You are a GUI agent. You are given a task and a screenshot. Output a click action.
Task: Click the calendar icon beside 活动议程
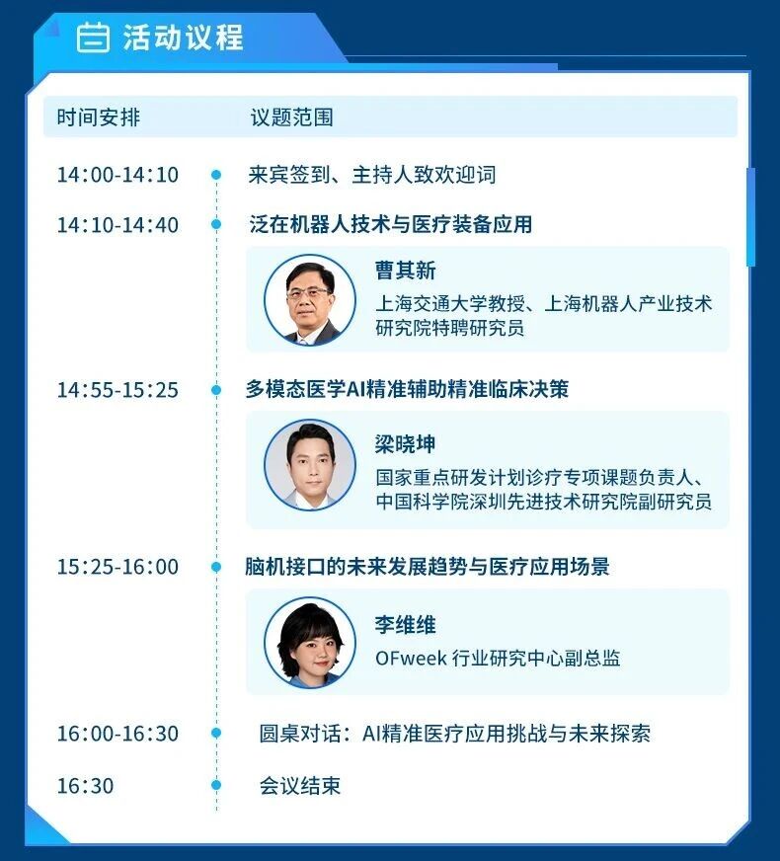93,38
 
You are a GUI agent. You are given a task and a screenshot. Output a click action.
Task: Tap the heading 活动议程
183,38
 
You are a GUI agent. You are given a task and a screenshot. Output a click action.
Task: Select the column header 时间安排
99,117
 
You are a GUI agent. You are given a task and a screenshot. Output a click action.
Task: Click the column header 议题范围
291,117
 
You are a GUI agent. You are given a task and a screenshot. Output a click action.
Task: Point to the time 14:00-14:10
117,175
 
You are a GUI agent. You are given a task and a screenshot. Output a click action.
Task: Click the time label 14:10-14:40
117,224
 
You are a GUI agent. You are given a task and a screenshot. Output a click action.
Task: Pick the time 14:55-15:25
117,390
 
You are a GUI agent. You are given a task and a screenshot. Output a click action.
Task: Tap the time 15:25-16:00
117,567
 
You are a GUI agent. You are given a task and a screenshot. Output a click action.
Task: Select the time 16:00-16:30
117,734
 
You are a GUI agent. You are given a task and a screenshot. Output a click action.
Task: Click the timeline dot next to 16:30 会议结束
216,785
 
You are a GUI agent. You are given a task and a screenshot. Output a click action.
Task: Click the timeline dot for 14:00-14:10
216,175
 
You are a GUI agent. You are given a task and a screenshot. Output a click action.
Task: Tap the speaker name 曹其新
405,271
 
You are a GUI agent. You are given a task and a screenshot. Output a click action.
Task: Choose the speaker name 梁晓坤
405,443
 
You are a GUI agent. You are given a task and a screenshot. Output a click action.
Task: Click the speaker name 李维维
405,625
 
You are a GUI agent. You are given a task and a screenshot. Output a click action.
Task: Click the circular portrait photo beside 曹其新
310,300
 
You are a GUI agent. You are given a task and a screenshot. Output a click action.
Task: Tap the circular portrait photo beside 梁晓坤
310,465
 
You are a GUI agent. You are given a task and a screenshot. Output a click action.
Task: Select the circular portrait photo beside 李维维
310,643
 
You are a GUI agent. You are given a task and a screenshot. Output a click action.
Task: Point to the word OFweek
411,658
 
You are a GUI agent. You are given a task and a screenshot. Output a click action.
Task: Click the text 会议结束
300,786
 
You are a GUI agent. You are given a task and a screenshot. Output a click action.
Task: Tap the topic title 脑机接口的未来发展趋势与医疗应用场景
428,567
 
